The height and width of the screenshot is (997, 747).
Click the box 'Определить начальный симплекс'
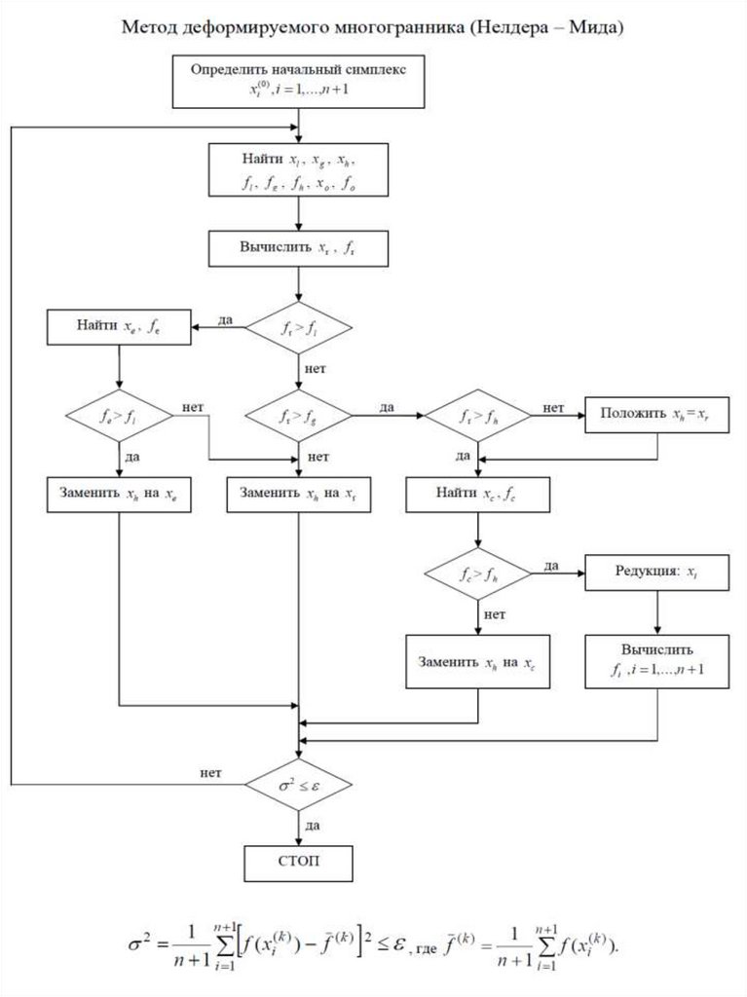(298, 81)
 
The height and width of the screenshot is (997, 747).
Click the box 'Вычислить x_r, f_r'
(298, 248)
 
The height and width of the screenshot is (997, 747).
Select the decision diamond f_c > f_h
(478, 572)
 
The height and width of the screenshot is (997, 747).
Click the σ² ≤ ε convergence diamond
(298, 784)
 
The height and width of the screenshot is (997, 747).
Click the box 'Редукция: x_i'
(657, 572)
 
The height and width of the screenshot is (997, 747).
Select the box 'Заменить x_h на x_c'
(478, 662)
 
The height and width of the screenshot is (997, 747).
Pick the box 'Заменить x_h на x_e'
(118, 495)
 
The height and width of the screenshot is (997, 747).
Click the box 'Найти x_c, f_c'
(478, 495)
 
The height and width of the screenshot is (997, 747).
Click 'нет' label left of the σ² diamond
(210, 774)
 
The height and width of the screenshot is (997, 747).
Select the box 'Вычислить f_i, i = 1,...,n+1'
(657, 662)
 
